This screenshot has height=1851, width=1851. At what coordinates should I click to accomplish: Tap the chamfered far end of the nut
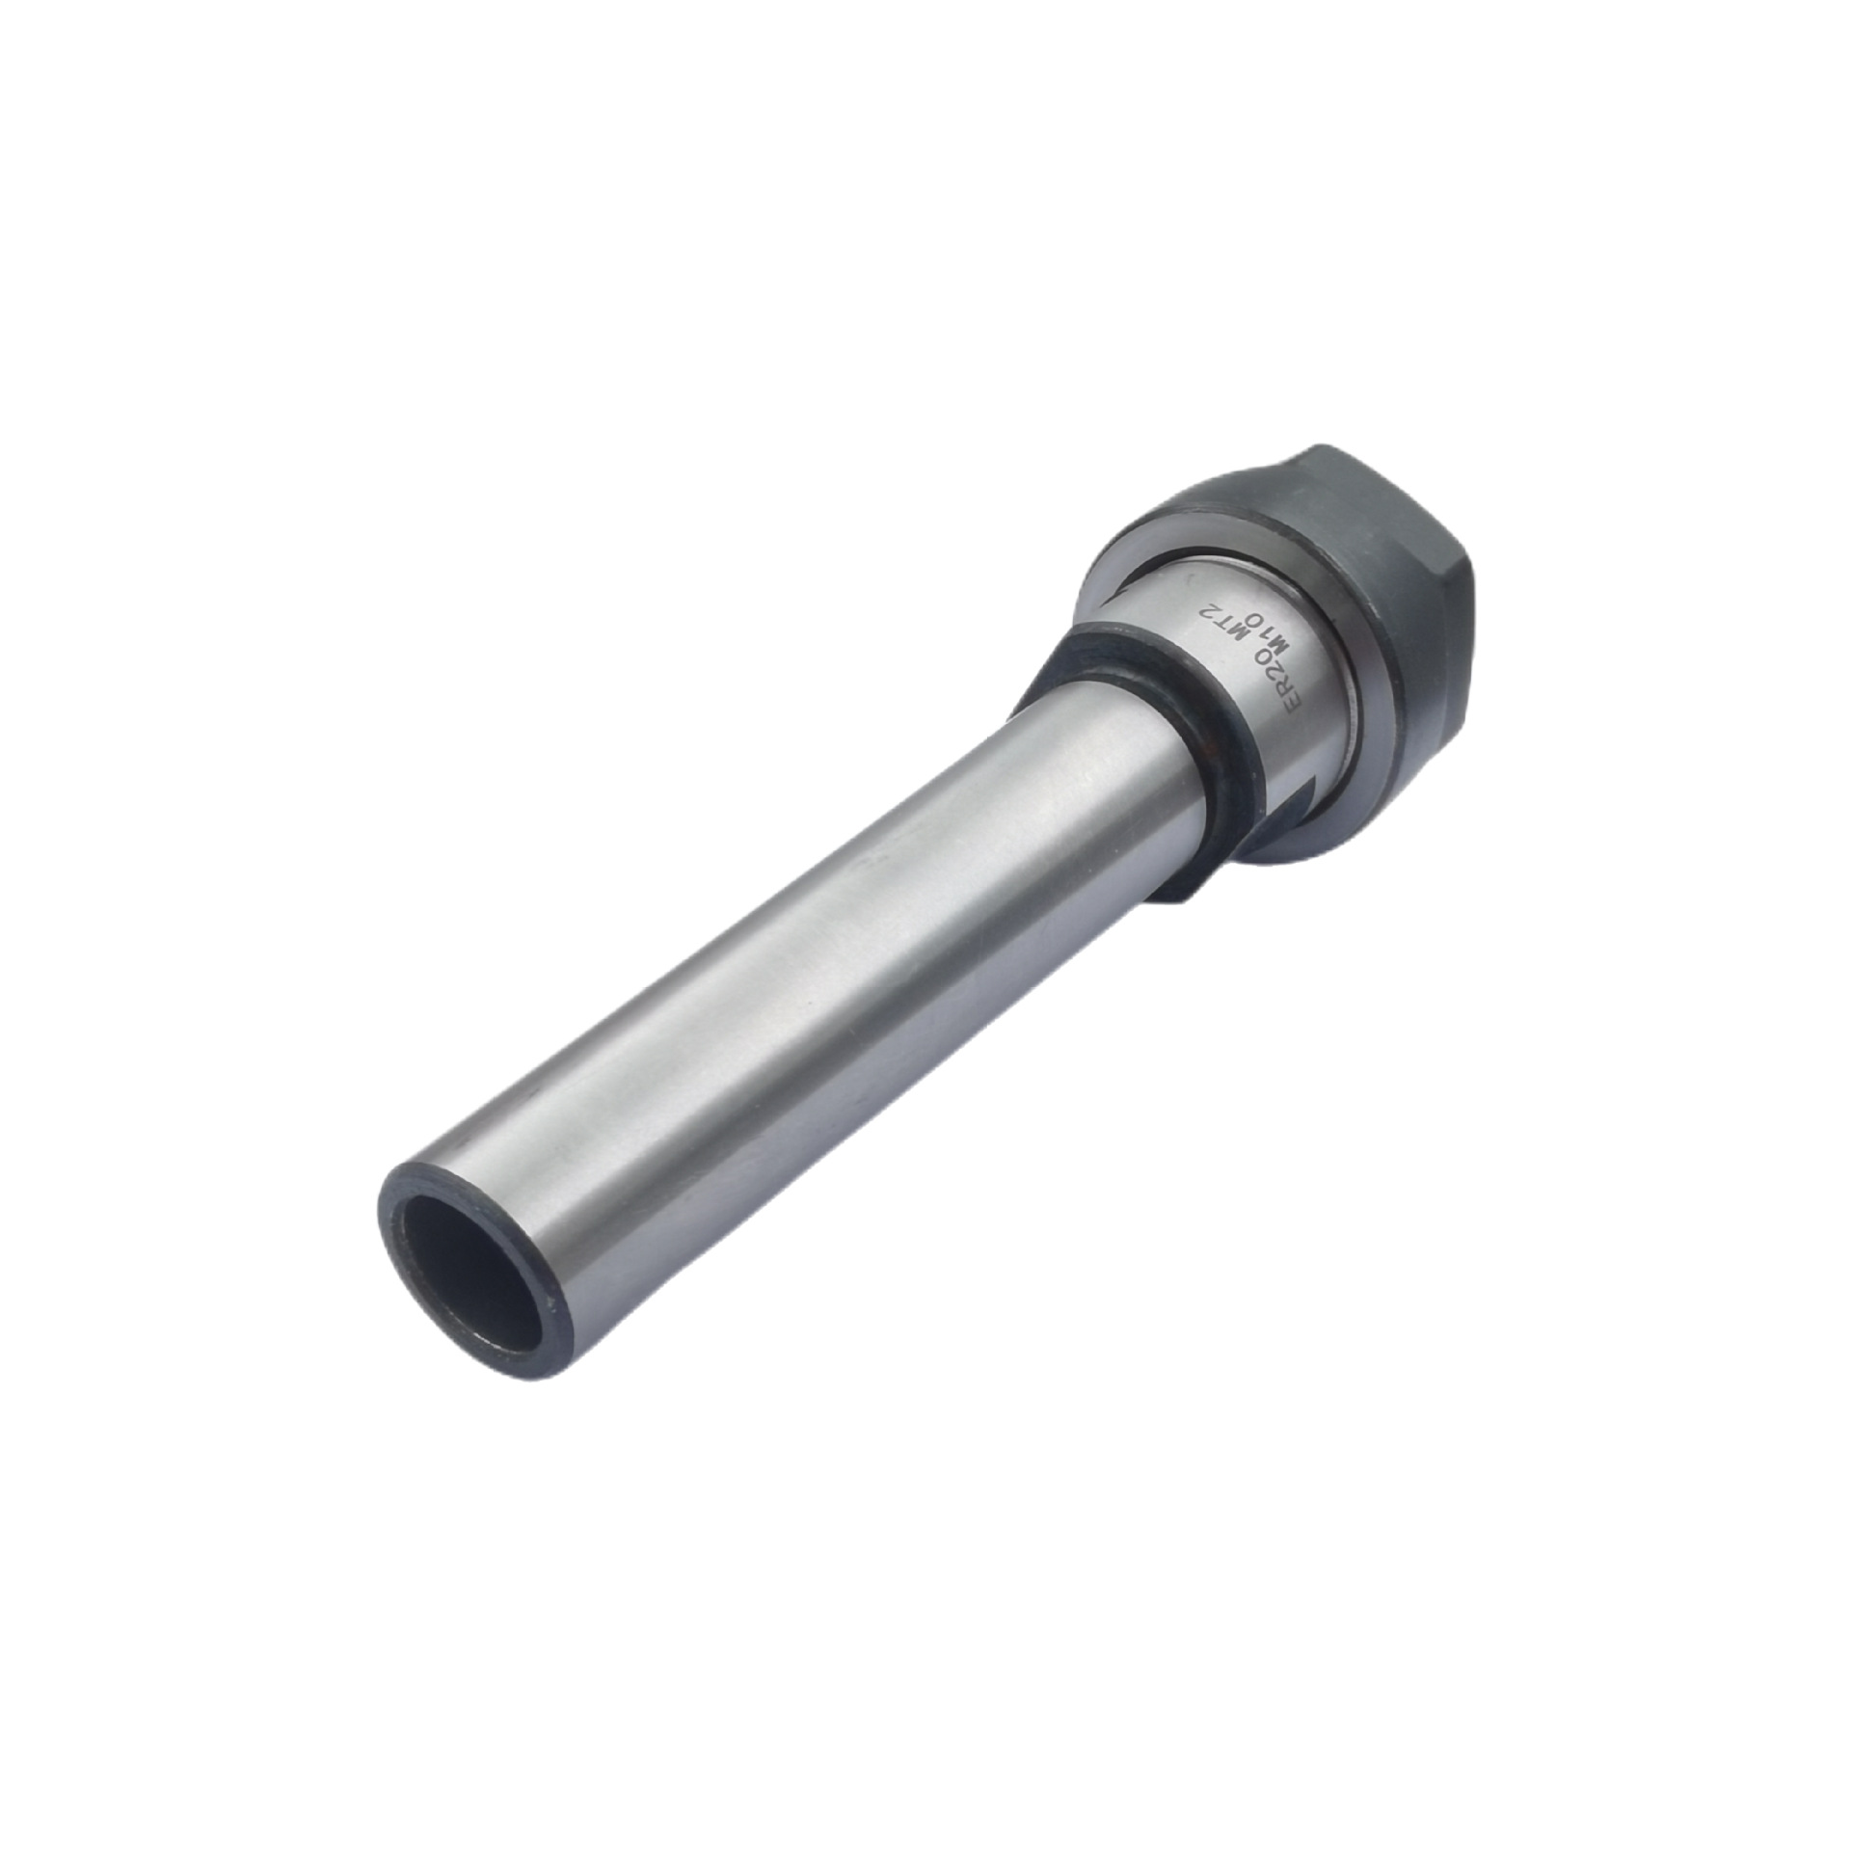(x=1446, y=540)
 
